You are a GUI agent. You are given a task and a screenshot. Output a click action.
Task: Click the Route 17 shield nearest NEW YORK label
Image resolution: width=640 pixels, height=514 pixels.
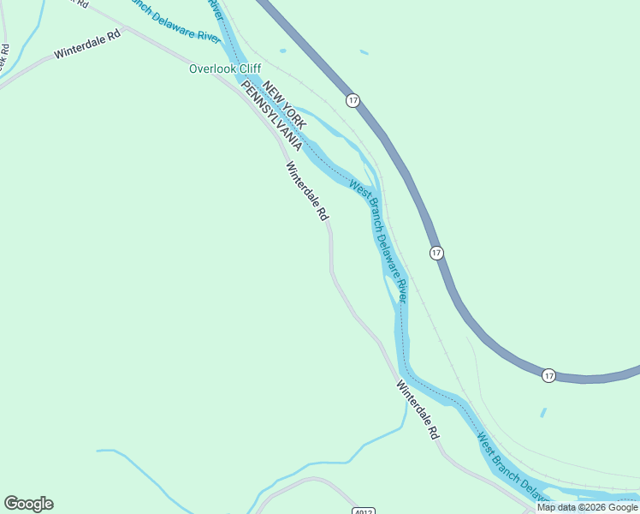tap(353, 100)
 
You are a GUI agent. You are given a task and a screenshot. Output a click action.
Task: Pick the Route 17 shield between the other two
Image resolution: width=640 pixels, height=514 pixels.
tap(436, 253)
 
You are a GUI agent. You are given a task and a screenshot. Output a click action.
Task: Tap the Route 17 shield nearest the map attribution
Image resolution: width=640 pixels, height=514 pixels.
tap(548, 375)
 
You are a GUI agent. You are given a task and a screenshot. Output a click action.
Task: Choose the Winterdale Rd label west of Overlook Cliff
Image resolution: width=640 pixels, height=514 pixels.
tap(88, 46)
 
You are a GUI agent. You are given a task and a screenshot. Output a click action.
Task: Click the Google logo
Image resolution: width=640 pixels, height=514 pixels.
tap(28, 504)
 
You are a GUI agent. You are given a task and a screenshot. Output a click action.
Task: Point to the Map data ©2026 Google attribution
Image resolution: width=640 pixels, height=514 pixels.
tap(587, 507)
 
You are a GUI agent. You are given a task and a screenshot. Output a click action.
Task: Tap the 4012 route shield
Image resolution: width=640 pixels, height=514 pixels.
tap(363, 509)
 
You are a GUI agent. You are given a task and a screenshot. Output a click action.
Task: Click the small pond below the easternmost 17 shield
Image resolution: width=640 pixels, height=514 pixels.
tap(543, 412)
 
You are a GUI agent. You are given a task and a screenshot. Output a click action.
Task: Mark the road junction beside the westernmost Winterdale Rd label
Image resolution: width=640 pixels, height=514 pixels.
tap(125, 28)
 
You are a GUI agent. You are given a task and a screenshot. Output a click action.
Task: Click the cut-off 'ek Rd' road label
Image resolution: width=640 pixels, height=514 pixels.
tap(5, 55)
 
